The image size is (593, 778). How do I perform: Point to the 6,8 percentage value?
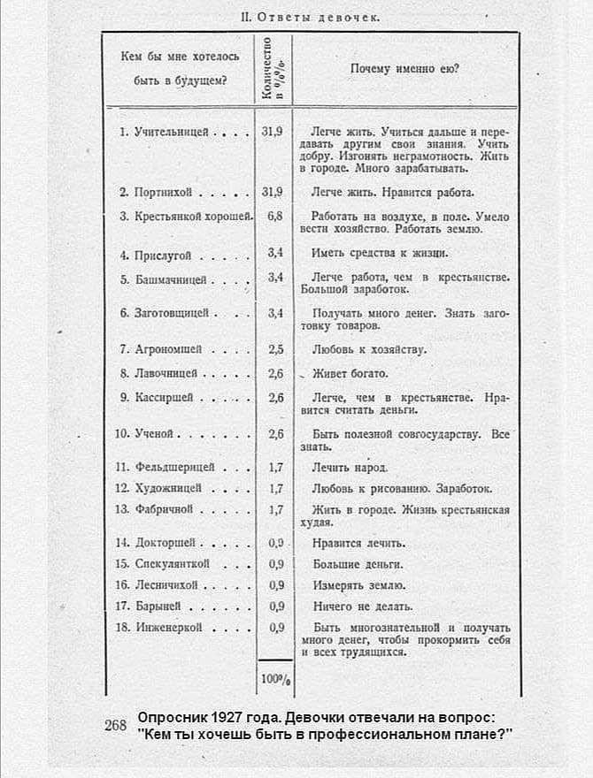tap(273, 216)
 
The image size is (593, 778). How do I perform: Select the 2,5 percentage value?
tap(274, 349)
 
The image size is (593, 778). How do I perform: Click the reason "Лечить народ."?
tap(349, 466)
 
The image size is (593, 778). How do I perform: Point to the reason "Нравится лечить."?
tap(358, 542)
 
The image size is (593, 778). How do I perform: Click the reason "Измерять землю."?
tap(358, 584)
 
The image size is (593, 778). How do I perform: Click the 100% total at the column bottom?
tap(274, 681)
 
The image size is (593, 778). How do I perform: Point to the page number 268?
tap(116, 725)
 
